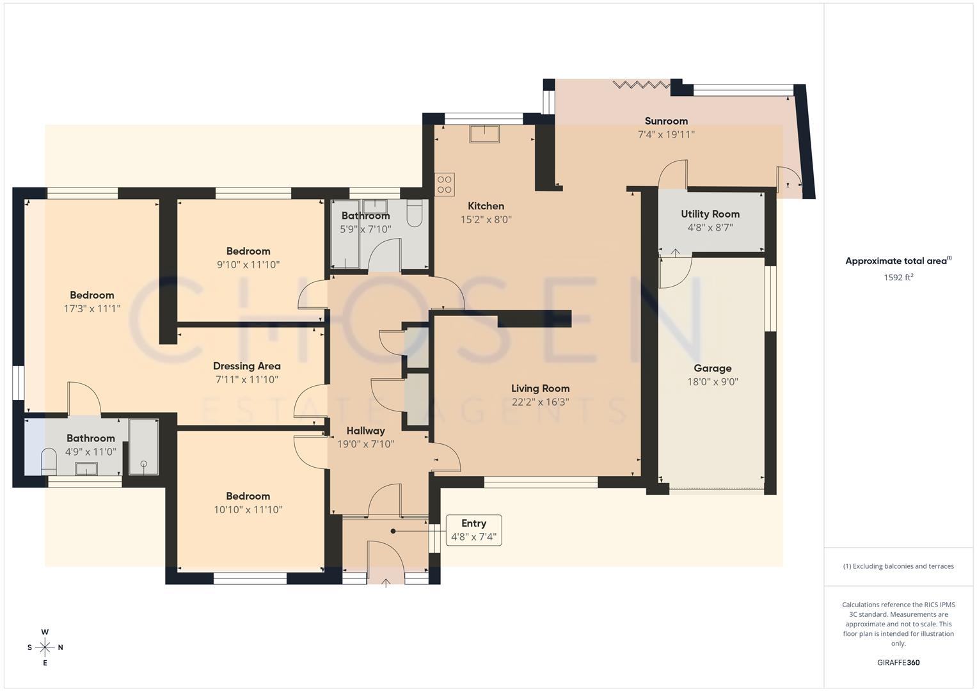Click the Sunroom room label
pos(666,121)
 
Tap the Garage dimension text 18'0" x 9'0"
pos(712,382)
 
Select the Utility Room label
pos(710,214)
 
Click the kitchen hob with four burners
pos(445,184)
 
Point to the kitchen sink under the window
pos(484,134)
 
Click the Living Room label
pos(540,388)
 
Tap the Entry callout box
pos(473,530)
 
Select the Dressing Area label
pos(246,366)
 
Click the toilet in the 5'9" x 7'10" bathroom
pos(415,213)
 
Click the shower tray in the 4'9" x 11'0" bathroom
pos(143,447)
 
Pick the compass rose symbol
pos(45,647)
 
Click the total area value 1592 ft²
pos(898,277)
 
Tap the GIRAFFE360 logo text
pos(898,662)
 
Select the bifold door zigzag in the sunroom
pos(640,84)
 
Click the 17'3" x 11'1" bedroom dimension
pos(91,308)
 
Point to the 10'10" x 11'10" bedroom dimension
pos(248,510)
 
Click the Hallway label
pos(365,431)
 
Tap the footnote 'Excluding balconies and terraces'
pos(898,566)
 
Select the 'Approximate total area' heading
pos(897,261)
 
